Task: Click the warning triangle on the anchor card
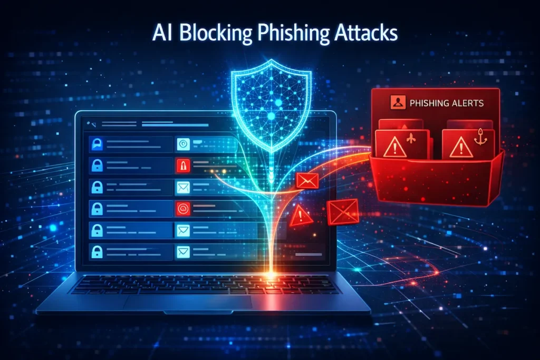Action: coord(459,147)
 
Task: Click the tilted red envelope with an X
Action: coord(343,212)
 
